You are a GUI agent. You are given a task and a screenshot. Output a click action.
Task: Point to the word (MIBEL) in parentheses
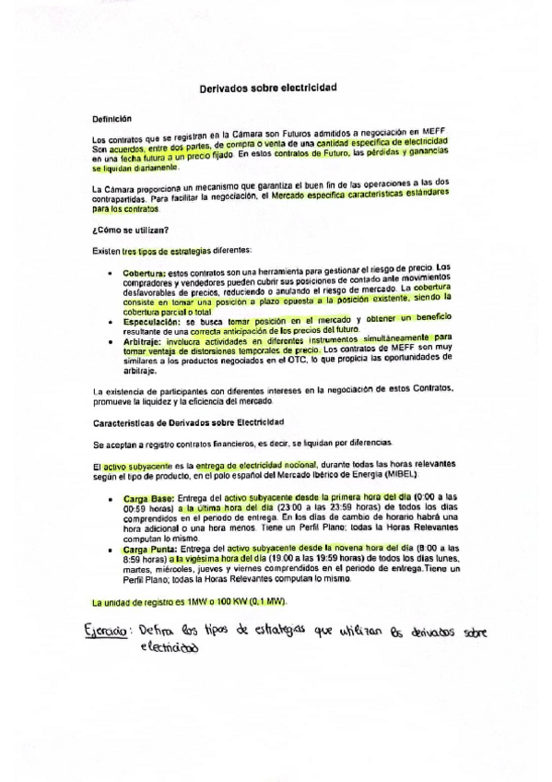tap(396, 477)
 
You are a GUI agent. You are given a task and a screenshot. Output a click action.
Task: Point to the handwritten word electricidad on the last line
tap(170, 647)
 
